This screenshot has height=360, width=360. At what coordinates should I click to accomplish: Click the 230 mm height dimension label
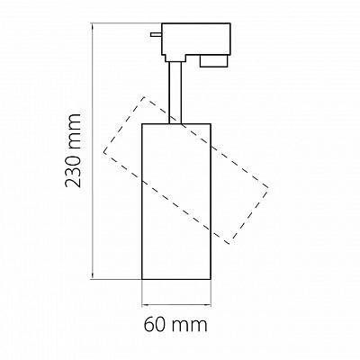tap(73, 150)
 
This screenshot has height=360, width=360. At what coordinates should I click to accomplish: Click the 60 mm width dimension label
tap(175, 324)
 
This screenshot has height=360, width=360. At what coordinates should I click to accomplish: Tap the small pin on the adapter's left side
tap(157, 34)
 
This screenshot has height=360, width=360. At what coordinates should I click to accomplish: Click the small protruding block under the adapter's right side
tap(214, 61)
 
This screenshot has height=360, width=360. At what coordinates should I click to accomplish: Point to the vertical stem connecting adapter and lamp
tap(175, 93)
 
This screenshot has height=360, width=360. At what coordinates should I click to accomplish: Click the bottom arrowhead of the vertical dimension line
tap(93, 275)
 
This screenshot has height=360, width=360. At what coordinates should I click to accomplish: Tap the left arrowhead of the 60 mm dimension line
tap(145, 306)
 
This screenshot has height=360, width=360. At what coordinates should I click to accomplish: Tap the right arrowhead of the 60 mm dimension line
tap(207, 306)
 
